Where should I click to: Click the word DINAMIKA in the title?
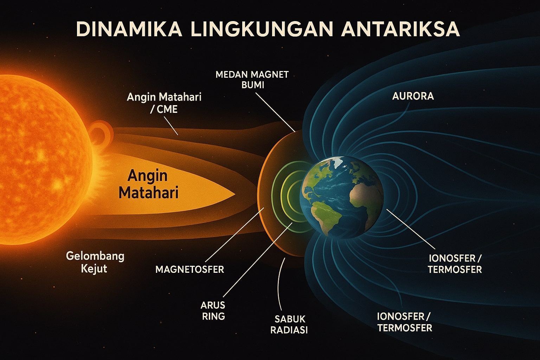(x=129, y=30)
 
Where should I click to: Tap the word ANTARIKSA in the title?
(x=400, y=30)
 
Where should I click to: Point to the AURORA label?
(x=413, y=96)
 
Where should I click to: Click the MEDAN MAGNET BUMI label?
(x=252, y=79)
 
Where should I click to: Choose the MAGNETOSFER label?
(x=190, y=269)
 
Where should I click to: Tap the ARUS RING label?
(x=213, y=310)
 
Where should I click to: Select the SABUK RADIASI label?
(x=289, y=324)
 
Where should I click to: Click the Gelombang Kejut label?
(x=95, y=262)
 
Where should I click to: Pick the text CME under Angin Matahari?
(x=167, y=109)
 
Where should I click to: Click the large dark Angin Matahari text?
(x=148, y=184)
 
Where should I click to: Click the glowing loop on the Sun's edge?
(x=101, y=134)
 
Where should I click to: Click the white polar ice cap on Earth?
(x=337, y=161)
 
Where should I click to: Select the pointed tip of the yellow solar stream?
(x=235, y=194)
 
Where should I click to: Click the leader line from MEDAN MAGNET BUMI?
(x=275, y=112)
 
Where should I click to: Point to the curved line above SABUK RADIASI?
(x=279, y=284)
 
